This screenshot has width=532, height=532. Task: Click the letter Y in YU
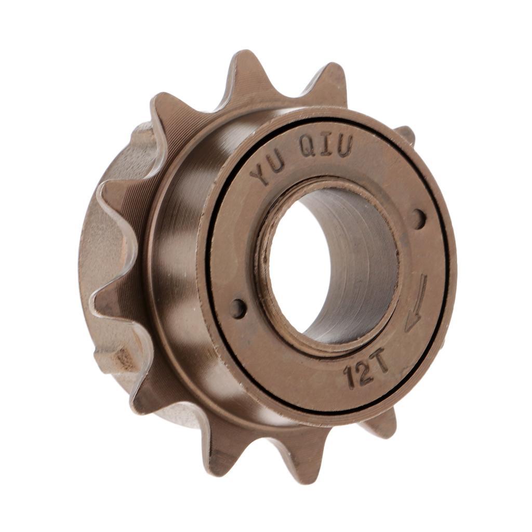[261, 174]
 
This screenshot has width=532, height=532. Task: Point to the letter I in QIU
[326, 145]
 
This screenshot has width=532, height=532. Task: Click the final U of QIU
[344, 145]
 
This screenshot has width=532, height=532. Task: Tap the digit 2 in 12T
[364, 375]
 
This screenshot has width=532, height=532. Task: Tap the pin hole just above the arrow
[419, 219]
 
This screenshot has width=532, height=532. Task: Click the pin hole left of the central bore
[238, 309]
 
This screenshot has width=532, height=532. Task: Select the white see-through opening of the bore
[299, 265]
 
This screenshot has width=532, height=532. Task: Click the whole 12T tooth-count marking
[366, 373]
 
